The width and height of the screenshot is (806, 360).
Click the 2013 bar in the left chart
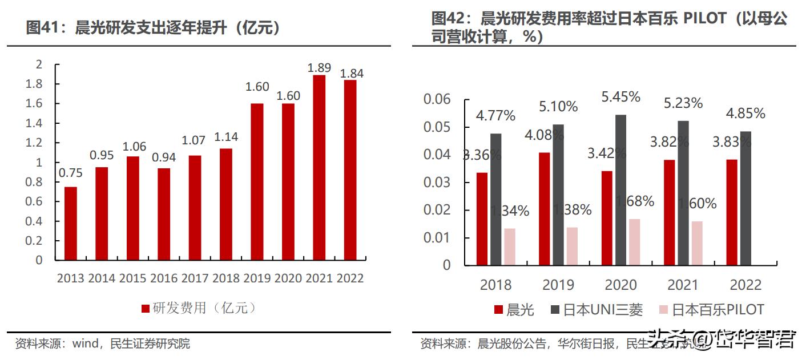pyautogui.click(x=70, y=224)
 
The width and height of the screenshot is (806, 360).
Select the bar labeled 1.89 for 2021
pyautogui.click(x=319, y=168)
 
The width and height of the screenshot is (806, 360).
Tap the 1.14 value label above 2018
pyautogui.click(x=225, y=137)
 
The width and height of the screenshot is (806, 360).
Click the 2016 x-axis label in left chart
pyautogui.click(x=164, y=278)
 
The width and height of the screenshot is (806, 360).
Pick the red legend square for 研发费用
pyautogui.click(x=146, y=309)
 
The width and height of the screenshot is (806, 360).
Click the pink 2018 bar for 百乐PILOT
pyautogui.click(x=509, y=246)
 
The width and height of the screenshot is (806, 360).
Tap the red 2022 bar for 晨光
pyautogui.click(x=731, y=212)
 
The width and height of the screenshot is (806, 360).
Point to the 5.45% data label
pyautogui.click(x=620, y=97)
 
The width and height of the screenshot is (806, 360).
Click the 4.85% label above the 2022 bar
pyautogui.click(x=745, y=114)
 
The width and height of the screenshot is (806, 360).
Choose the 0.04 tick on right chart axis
pyautogui.click(x=437, y=155)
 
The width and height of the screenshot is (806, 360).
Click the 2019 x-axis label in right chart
pyautogui.click(x=558, y=285)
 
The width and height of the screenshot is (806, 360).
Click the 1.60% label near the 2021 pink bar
pyautogui.click(x=697, y=204)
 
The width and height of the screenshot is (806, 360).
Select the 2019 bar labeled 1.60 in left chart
pyautogui.click(x=257, y=182)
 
